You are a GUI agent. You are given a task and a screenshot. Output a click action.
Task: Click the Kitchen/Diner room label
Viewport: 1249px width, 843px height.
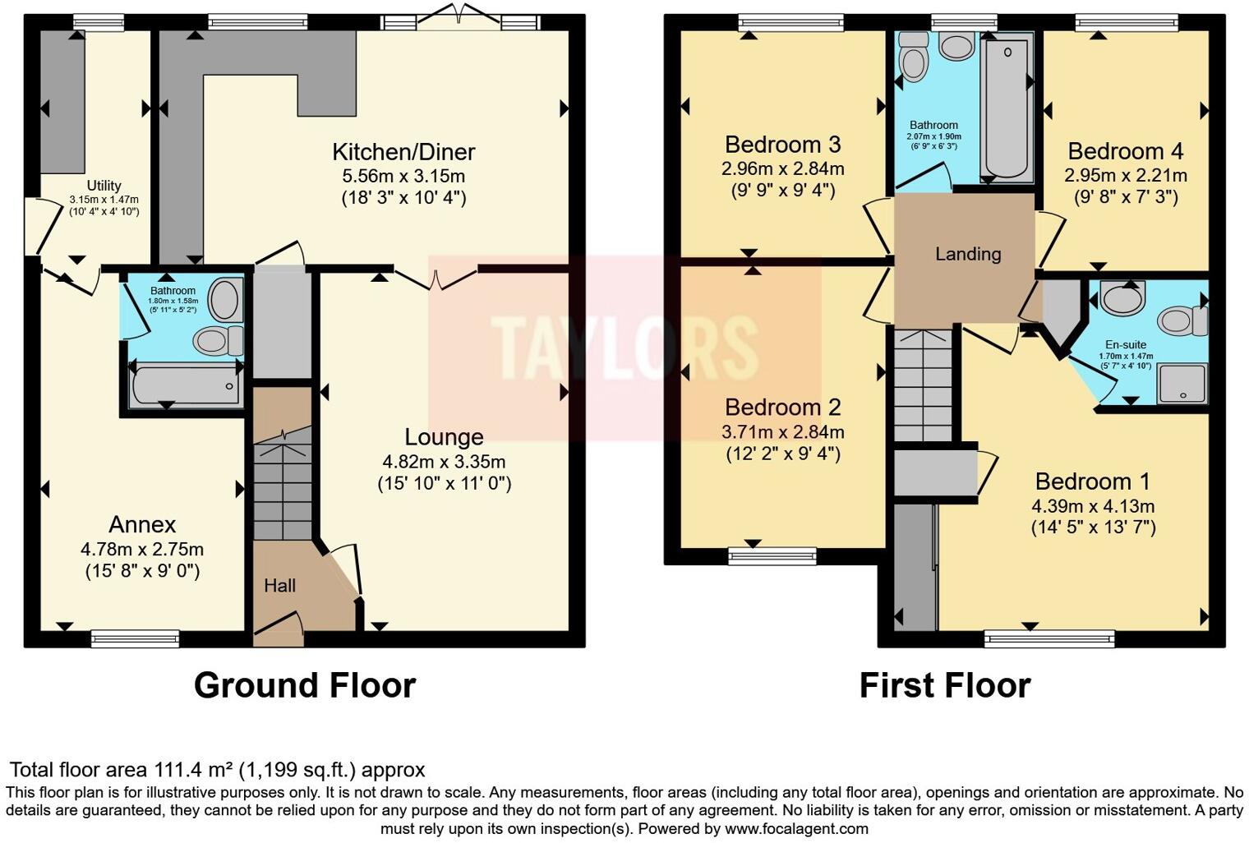(x=403, y=152)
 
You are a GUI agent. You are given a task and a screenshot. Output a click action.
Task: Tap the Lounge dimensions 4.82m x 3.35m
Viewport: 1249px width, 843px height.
(x=444, y=462)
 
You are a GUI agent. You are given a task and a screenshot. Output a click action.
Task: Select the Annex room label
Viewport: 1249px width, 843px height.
(x=142, y=524)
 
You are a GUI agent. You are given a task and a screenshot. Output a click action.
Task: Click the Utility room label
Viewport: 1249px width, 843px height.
(x=104, y=186)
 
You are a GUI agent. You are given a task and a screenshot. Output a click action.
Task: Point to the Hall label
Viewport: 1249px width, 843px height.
(x=279, y=586)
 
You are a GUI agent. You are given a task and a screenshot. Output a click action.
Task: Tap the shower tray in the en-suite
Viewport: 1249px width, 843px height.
(x=1182, y=383)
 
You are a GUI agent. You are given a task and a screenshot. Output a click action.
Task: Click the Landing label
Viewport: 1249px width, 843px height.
(x=968, y=254)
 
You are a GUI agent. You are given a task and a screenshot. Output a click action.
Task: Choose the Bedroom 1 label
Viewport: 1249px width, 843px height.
(x=1093, y=481)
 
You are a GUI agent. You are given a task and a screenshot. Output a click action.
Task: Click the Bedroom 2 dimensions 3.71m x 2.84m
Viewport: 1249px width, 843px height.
(x=783, y=432)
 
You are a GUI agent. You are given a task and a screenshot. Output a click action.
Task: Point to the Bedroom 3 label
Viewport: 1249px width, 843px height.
(x=782, y=145)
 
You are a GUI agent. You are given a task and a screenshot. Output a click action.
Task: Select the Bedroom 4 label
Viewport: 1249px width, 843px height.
(x=1125, y=151)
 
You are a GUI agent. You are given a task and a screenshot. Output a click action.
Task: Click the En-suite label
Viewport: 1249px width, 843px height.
(x=1126, y=345)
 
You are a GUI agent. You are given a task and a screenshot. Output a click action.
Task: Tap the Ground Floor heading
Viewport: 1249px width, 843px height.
(x=305, y=685)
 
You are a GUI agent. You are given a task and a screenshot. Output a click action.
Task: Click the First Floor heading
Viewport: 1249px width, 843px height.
(x=945, y=685)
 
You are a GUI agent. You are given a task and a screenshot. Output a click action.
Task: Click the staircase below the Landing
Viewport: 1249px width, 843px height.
(x=923, y=386)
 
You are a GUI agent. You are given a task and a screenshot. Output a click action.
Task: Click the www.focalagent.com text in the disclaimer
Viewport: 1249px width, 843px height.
(x=796, y=828)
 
